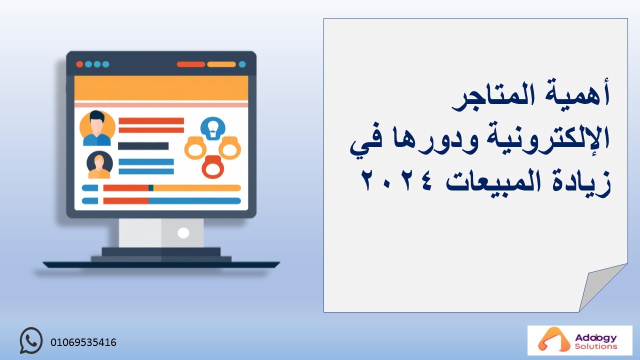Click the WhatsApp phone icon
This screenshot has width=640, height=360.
(x=31, y=340)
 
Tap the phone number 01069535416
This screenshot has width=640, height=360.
(x=83, y=342)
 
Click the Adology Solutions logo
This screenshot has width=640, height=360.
(x=579, y=340)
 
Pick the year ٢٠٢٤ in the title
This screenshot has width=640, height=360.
(x=397, y=180)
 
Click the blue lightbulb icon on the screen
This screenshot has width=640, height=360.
(x=213, y=128)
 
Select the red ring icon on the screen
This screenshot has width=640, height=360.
(x=213, y=167)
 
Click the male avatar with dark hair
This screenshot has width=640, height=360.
(x=97, y=128)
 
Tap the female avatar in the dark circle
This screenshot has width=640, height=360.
(x=99, y=165)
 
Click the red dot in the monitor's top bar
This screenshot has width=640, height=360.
(x=79, y=64)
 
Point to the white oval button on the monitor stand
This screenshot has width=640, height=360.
(x=183, y=233)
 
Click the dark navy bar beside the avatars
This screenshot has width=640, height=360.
(x=143, y=146)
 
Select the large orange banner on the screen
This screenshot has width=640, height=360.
(x=161, y=88)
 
